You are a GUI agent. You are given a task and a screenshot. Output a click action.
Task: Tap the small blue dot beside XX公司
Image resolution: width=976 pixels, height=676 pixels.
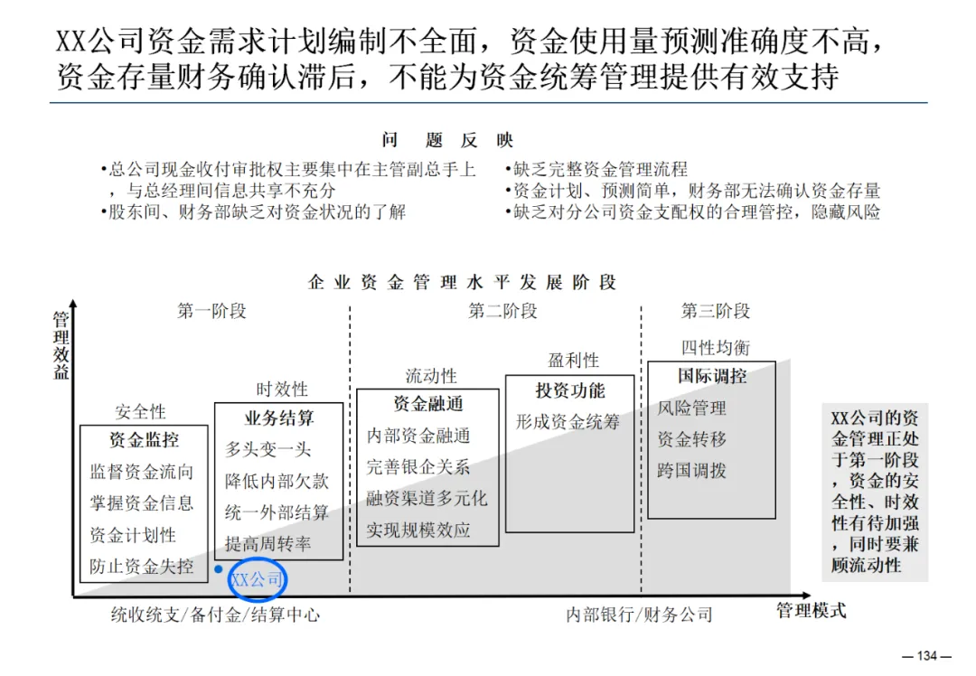(x=219, y=569)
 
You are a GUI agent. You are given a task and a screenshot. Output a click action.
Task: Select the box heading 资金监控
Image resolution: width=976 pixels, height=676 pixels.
(x=144, y=440)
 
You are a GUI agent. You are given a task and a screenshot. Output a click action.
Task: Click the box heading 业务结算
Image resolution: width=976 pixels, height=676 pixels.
(x=279, y=418)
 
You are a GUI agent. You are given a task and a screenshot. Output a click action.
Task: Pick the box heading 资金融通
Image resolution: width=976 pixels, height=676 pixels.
(x=427, y=404)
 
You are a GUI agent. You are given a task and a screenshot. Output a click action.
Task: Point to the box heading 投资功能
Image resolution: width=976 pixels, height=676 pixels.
(x=569, y=390)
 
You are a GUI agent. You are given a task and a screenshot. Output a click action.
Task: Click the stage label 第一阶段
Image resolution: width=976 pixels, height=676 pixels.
(x=211, y=312)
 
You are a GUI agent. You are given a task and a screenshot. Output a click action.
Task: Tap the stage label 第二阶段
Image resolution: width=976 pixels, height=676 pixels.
(x=502, y=312)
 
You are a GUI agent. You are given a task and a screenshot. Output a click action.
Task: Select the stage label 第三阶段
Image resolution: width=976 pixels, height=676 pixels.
(x=716, y=312)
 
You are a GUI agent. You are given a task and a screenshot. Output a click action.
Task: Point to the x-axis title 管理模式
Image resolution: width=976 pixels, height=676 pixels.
(x=812, y=611)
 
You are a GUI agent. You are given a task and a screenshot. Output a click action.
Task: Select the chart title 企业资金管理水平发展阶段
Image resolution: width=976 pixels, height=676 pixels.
(x=462, y=282)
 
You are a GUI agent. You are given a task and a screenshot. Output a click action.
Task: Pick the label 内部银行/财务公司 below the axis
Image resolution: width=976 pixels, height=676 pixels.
(x=639, y=615)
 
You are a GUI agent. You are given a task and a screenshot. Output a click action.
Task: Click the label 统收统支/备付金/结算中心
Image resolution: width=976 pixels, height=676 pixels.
(x=215, y=615)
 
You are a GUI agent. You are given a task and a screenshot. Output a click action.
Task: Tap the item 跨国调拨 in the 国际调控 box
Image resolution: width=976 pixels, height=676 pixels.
(x=691, y=471)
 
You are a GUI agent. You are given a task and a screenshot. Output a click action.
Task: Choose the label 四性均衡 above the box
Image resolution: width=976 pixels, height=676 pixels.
(x=715, y=348)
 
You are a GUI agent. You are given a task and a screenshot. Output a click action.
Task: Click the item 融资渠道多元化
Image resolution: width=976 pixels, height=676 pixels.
(x=427, y=498)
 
